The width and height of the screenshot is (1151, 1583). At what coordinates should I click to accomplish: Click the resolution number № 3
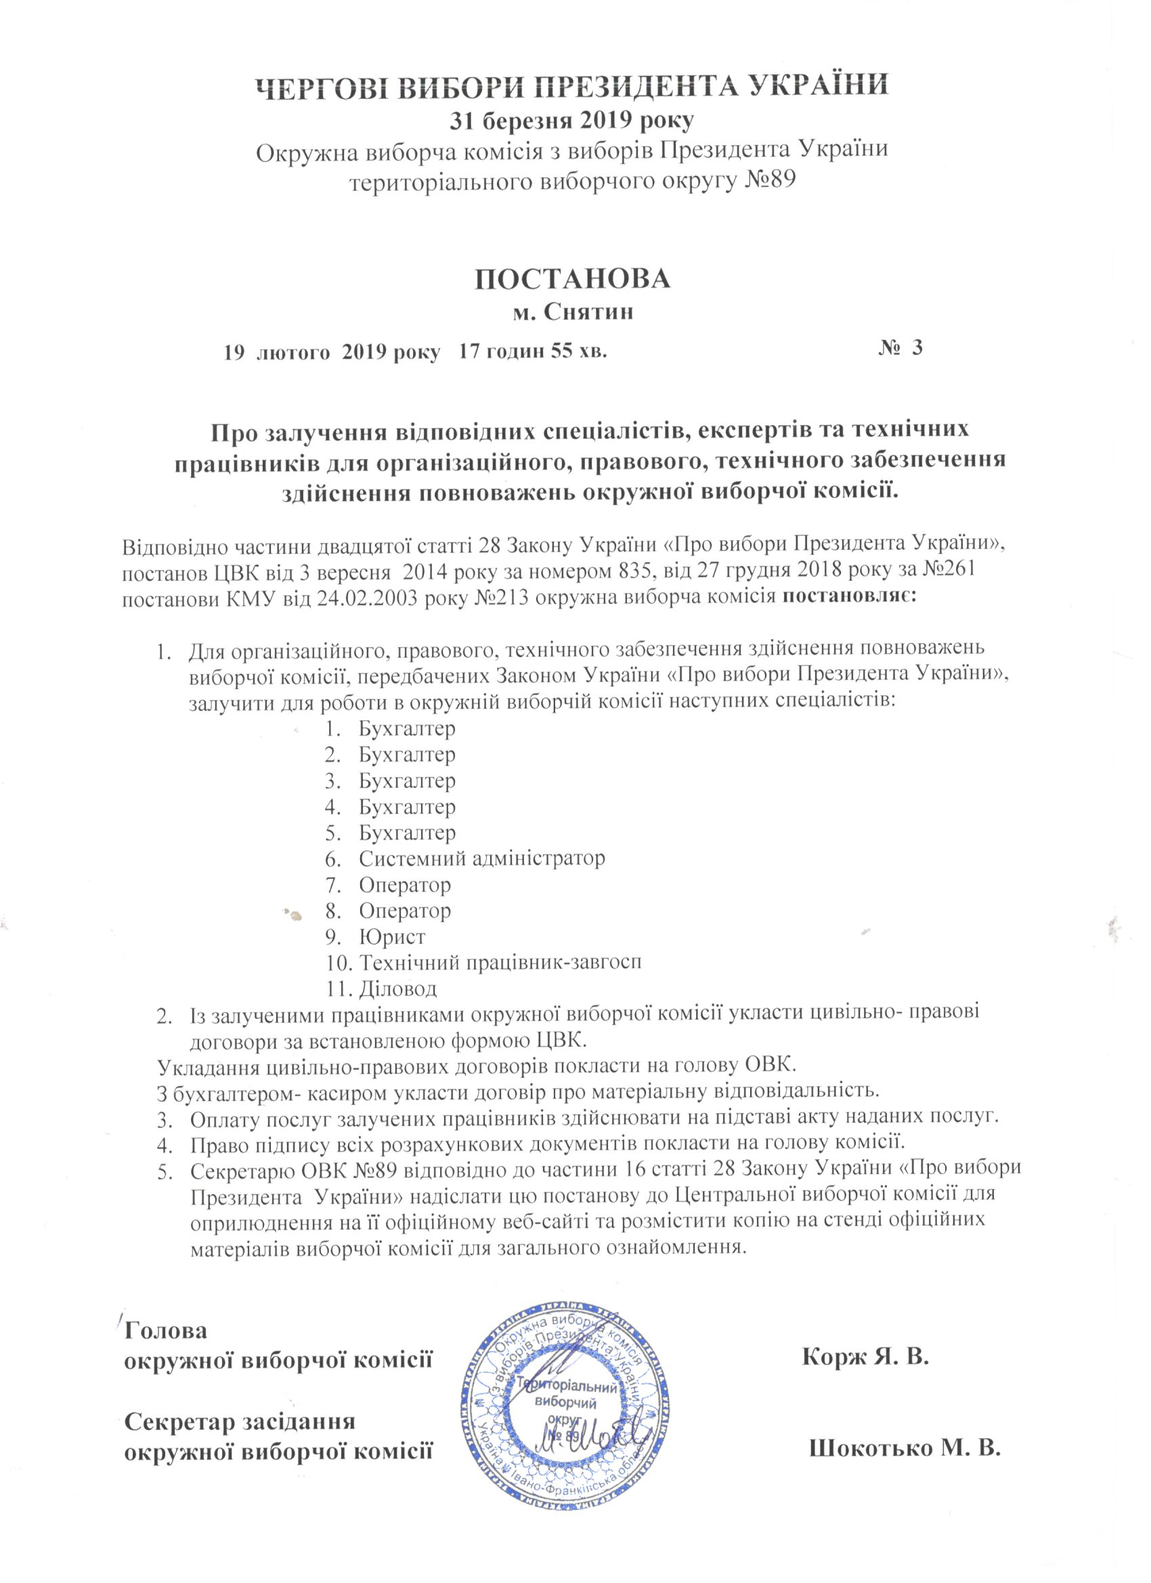(900, 348)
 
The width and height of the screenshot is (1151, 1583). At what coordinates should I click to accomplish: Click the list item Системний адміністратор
(481, 858)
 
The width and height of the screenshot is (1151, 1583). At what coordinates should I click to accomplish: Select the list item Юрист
(391, 936)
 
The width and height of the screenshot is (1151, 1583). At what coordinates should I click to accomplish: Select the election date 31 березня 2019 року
(570, 121)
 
